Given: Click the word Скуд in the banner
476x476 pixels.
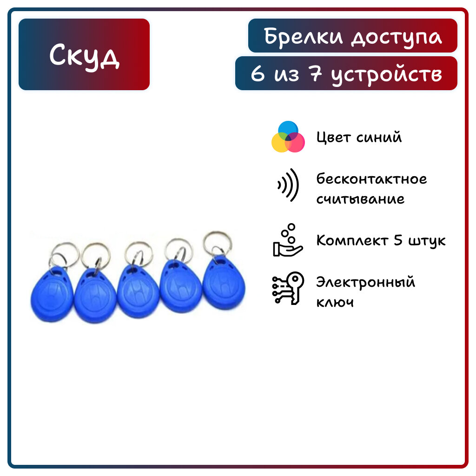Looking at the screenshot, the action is point(84,55).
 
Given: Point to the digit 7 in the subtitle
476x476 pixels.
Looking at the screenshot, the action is point(315,73).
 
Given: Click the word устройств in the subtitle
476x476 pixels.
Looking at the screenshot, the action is point(386,75).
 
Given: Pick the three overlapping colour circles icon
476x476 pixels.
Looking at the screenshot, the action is point(288,137).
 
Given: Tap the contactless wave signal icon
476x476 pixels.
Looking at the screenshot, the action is point(288,185).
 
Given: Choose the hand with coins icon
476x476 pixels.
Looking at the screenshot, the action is point(287,240).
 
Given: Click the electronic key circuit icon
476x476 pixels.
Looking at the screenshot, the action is point(288,288).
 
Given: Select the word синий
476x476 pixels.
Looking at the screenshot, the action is point(379,137).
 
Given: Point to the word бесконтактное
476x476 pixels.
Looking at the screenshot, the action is point(371,178).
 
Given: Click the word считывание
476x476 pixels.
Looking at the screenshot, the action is point(360,199).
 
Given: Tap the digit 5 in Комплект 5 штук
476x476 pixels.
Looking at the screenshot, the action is point(398,240).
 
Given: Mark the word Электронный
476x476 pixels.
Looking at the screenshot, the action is point(365,282).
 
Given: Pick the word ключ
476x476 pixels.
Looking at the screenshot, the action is point(335,302).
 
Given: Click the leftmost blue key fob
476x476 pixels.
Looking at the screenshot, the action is point(52,294).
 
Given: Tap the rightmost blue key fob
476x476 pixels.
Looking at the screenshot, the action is point(224,282).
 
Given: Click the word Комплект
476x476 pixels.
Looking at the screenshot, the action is point(352,240).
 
